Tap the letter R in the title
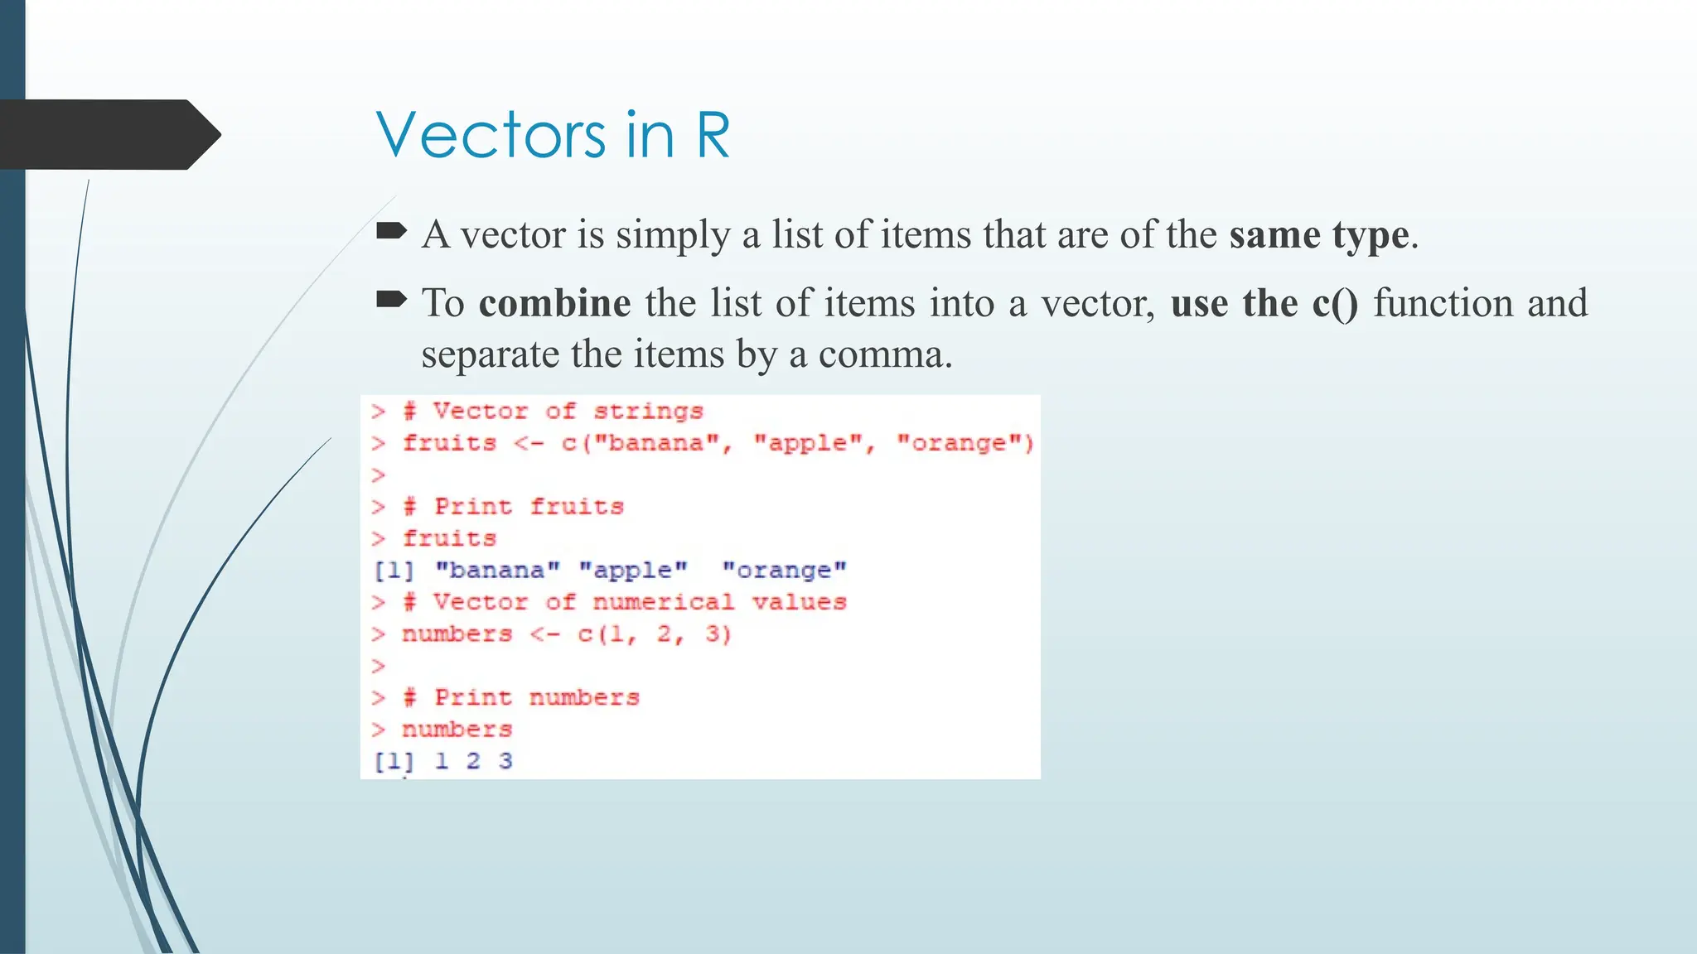713,135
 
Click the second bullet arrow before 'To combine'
391,299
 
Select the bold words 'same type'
1318,234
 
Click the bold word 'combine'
554,302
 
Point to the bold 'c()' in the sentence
1335,303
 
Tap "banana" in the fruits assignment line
663,443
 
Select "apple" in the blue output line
632,571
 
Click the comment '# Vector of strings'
553,411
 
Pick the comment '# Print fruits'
513,506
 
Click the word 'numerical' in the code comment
663,602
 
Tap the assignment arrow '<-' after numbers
544,634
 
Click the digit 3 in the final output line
505,761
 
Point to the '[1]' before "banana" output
394,571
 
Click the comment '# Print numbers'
521,697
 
